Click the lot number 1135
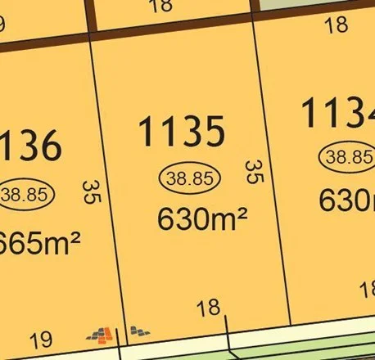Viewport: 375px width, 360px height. [181, 132]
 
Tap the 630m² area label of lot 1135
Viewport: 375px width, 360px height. [201, 219]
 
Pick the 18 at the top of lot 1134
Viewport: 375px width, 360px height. [336, 25]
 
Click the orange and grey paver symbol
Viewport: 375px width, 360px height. [102, 333]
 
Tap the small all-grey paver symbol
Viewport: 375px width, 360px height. [139, 331]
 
